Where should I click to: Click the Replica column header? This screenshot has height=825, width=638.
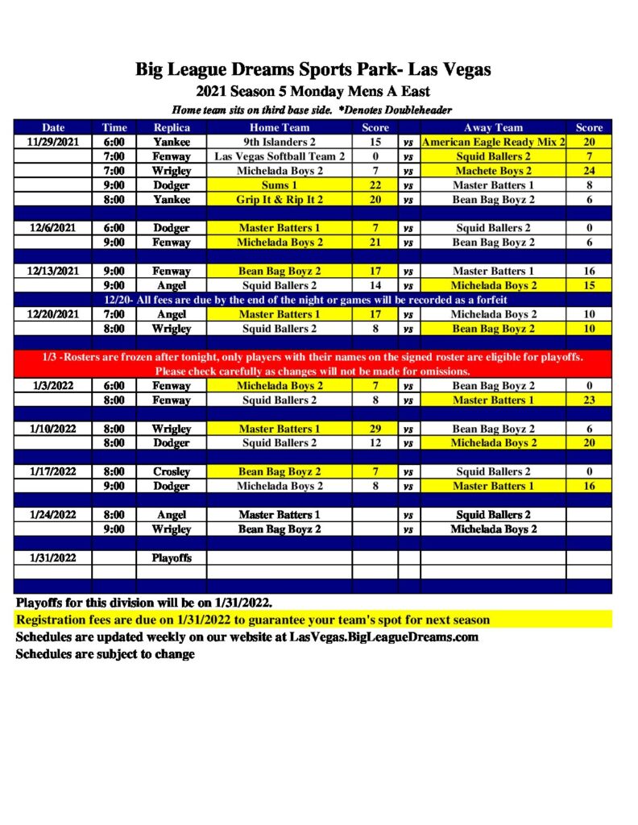pyautogui.click(x=172, y=127)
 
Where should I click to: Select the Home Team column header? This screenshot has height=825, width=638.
pyautogui.click(x=279, y=127)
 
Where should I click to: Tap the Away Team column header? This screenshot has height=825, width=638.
pyautogui.click(x=493, y=127)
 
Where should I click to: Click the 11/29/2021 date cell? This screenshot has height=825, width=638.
pyautogui.click(x=54, y=142)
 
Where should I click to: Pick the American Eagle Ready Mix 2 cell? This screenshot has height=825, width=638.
pyautogui.click(x=493, y=142)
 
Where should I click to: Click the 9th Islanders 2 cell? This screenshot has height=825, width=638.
pyautogui.click(x=279, y=142)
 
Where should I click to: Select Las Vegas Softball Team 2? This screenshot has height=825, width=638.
pyautogui.click(x=279, y=156)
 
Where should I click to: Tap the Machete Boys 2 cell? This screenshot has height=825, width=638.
pyautogui.click(x=493, y=171)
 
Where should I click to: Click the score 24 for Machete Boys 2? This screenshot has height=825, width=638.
pyautogui.click(x=589, y=171)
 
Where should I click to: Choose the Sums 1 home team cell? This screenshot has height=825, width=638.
pyautogui.click(x=279, y=185)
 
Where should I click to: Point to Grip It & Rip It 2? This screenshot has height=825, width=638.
pyautogui.click(x=279, y=200)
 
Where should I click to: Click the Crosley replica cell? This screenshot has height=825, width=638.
pyautogui.click(x=172, y=472)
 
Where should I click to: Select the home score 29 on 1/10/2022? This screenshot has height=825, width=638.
pyautogui.click(x=375, y=429)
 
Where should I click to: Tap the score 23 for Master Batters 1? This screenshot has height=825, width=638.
pyautogui.click(x=589, y=400)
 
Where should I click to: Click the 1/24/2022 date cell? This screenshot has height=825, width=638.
pyautogui.click(x=54, y=515)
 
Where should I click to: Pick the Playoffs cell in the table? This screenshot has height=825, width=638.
pyautogui.click(x=172, y=558)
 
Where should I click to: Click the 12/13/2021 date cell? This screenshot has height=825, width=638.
pyautogui.click(x=54, y=272)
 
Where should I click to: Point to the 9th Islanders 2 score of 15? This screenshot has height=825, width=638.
pyautogui.click(x=375, y=142)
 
